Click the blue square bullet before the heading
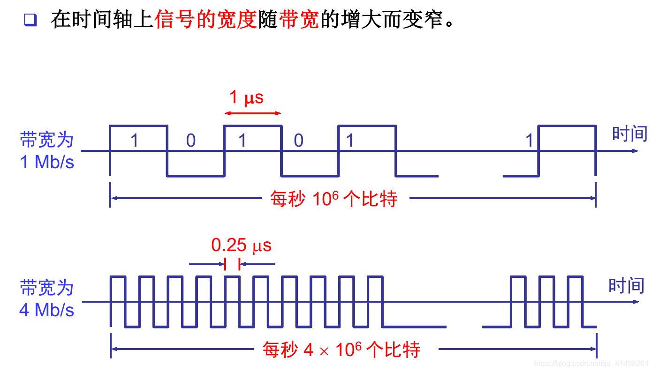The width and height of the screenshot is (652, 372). pos(30,20)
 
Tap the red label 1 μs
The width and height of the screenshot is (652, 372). pos(246,97)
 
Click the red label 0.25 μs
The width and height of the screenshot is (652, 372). pos(241,245)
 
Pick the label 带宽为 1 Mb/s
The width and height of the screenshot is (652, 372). pos(47,150)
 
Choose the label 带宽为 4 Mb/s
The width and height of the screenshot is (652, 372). pos(47,298)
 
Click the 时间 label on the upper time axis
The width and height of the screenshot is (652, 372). pos(629,134)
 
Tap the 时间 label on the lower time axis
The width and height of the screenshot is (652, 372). pos(626,285)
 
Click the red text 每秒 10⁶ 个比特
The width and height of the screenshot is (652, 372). pos(334,199)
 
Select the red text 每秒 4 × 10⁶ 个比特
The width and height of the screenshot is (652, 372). pos(341,350)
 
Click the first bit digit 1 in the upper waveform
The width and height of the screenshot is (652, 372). pos(135,140)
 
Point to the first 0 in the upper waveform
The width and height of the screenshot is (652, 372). pos(190,140)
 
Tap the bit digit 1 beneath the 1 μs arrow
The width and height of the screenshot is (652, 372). pos(242,140)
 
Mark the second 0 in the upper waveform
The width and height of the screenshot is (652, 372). pos(298,140)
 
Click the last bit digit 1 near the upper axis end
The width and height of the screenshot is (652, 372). pos(530,140)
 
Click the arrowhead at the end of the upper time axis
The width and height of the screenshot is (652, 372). pos(635,151)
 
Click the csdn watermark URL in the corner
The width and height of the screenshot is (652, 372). pos(592,364)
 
